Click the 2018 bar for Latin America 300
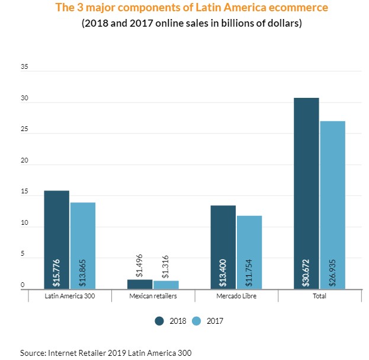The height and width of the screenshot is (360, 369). coord(56,237)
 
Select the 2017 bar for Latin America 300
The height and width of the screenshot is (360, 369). coord(82,243)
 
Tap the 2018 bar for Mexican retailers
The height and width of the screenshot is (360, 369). coord(140,284)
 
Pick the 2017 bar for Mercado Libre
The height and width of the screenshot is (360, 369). coord(249,249)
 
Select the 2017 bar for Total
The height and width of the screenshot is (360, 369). coord(332,202)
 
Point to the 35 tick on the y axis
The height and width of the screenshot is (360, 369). coord(24,67)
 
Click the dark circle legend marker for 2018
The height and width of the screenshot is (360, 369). coord(159,321)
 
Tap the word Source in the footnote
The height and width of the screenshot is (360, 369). coord(33,352)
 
